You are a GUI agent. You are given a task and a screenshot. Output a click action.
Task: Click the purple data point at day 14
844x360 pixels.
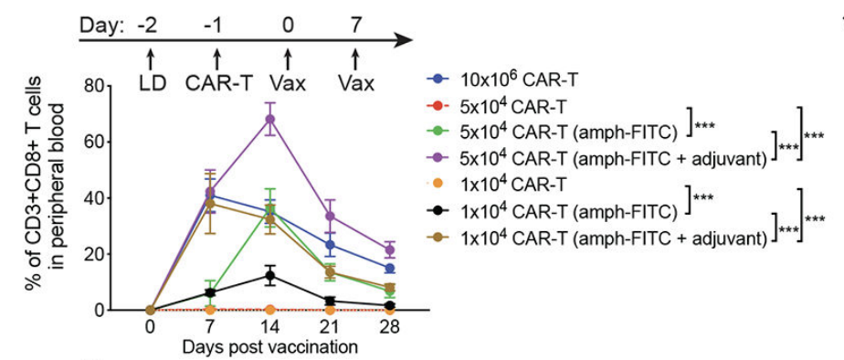269,119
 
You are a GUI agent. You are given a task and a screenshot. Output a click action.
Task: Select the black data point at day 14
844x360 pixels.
269,275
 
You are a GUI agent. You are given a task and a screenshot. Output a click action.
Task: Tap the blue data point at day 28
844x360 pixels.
390,269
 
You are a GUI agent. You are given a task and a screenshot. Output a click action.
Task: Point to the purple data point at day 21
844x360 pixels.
330,216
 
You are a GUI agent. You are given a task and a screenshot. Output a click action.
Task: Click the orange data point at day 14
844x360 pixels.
269,310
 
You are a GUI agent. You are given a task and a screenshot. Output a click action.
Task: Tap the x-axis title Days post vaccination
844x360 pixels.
269,347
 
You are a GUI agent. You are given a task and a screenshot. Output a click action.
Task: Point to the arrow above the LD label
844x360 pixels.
152,58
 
